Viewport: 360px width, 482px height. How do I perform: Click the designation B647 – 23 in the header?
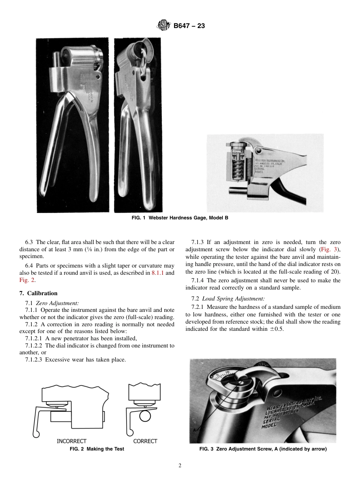pos(189,26)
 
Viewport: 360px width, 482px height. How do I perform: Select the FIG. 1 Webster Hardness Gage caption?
pos(180,218)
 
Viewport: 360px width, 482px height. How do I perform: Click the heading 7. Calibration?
pos(38,293)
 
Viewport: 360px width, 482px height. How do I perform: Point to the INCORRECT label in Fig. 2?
pos(72,441)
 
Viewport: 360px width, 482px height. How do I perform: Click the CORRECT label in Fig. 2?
pos(145,441)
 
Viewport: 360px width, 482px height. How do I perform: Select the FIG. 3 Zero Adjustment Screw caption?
pos(263,449)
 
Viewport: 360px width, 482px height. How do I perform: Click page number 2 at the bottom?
pos(180,466)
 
